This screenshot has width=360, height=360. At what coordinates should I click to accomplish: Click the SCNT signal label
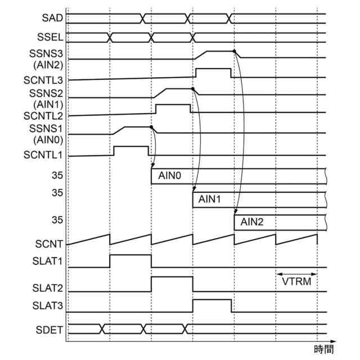point(49,244)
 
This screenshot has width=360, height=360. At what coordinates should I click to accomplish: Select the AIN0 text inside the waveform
point(169,176)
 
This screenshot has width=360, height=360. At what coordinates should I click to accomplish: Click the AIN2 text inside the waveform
point(252,222)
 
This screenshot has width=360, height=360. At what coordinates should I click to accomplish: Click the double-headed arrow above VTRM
point(296,274)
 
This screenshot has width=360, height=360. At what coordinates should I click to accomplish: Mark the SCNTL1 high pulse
point(131,151)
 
